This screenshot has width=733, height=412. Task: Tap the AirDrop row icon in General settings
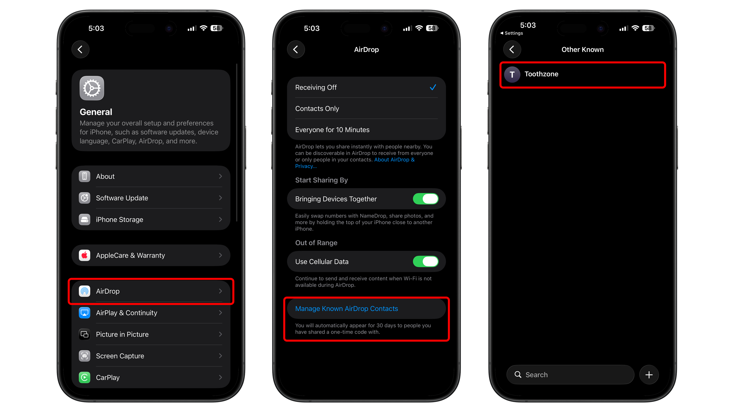[84, 291]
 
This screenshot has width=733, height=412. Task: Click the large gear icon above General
[92, 88]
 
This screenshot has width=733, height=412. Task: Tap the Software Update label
[122, 198]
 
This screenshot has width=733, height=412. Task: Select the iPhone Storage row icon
[84, 219]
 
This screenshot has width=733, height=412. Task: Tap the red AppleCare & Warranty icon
[84, 255]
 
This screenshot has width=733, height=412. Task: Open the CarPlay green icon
[84, 377]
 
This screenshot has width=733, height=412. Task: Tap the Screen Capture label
[120, 356]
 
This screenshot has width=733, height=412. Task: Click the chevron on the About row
[220, 176]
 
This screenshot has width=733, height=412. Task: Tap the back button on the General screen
[80, 49]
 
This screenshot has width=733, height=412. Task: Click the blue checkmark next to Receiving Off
[433, 87]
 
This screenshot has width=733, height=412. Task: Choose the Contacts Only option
[317, 108]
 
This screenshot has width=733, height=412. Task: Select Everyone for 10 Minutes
[332, 130]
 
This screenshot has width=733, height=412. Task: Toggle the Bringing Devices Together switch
[425, 199]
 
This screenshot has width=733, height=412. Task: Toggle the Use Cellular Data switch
[425, 261]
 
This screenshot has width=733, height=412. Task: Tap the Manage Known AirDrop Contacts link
[346, 308]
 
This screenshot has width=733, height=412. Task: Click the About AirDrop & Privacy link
[394, 160]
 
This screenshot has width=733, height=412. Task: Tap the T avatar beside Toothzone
[512, 74]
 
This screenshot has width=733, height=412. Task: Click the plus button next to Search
[649, 375]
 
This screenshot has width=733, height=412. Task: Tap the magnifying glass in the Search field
[518, 375]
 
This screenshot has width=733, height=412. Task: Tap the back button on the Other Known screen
[512, 49]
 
